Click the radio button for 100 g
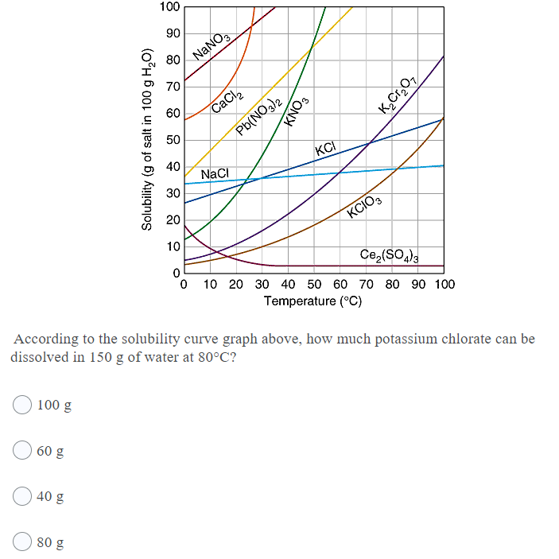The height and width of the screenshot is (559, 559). [x=22, y=405]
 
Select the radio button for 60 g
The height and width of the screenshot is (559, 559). [x=22, y=451]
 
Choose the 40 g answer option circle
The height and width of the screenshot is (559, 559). [x=22, y=497]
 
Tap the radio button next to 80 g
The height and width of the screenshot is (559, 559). [x=22, y=543]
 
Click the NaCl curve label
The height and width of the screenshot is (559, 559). [x=215, y=173]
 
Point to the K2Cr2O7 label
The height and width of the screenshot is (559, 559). [x=398, y=91]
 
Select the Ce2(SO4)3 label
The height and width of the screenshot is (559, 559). [x=390, y=254]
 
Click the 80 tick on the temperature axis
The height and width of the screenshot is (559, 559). [x=391, y=284]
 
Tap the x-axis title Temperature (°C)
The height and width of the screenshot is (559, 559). [x=312, y=301]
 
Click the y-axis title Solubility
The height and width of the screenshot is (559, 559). [x=146, y=139]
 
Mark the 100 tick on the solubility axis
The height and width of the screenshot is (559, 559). [x=169, y=7]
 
